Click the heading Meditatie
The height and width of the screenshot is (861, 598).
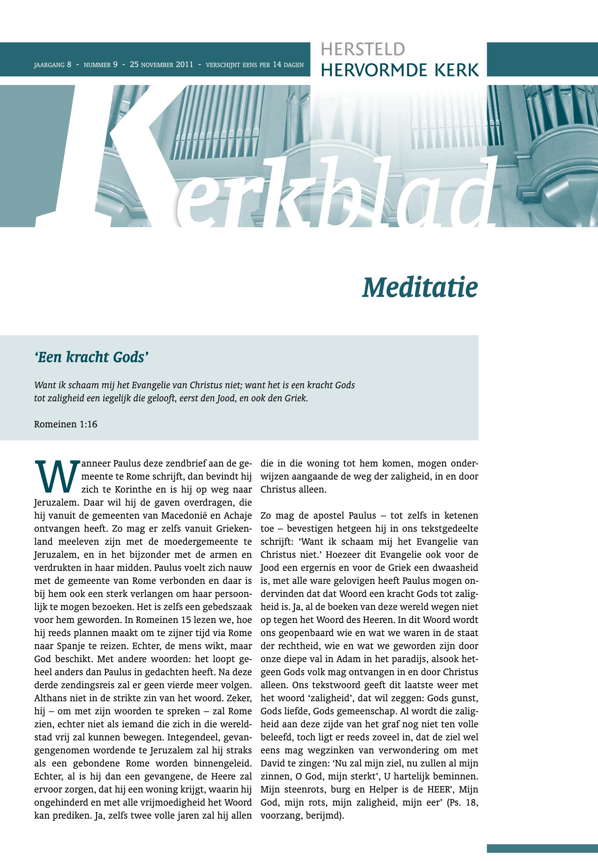pyautogui.click(x=420, y=288)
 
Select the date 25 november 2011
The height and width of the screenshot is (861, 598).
pyautogui.click(x=161, y=65)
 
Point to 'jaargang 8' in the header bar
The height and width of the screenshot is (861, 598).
pyautogui.click(x=53, y=65)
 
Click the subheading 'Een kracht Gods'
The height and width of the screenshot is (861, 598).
pyautogui.click(x=89, y=358)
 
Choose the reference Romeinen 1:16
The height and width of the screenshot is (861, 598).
pyautogui.click(x=65, y=424)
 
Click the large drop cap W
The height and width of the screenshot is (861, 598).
pyautogui.click(x=55, y=477)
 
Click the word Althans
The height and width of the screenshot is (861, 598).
pyautogui.click(x=50, y=698)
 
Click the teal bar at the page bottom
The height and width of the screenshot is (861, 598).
pyautogui.click(x=542, y=837)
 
